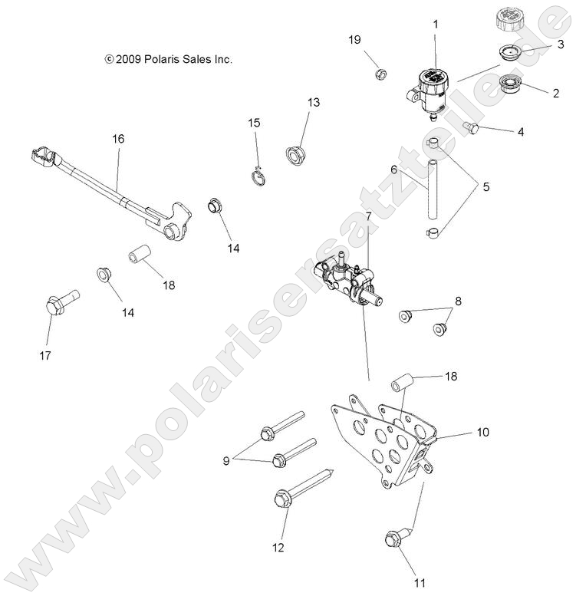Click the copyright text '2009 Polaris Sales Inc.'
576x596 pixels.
(x=169, y=58)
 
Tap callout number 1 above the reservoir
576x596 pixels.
(x=435, y=25)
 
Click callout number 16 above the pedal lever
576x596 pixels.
(x=117, y=139)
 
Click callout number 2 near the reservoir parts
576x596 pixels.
(x=555, y=94)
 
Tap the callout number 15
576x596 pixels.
(x=254, y=123)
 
